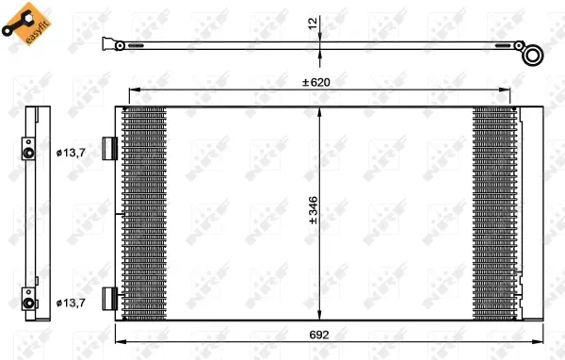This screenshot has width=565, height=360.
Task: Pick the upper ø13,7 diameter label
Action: click(72, 152)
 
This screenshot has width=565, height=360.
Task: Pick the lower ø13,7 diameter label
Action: click(72, 303)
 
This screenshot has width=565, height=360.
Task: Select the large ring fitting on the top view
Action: click(533, 56)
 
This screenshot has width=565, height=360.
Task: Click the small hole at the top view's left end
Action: click(120, 44)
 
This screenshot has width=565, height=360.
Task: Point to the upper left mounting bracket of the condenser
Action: click(109, 149)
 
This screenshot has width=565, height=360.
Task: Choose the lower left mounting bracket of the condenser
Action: click(109, 300)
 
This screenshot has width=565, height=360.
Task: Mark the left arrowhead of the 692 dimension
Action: click(118, 341)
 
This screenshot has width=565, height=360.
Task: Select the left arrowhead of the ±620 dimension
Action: click(131, 90)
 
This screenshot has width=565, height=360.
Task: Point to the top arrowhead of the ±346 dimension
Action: click(321, 109)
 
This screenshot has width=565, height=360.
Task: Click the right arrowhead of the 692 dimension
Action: click(541, 341)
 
